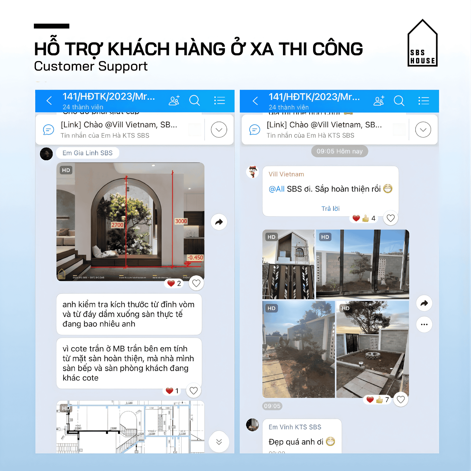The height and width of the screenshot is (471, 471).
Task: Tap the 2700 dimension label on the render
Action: point(117,225)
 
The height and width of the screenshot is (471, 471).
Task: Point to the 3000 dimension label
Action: point(181,221)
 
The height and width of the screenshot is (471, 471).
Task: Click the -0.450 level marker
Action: point(195,257)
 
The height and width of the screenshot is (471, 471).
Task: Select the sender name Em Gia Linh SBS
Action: point(87,153)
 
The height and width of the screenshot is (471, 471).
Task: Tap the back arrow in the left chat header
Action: point(49,101)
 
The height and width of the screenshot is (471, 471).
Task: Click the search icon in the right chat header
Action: point(399,101)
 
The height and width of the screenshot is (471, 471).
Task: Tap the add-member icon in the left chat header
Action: point(174,101)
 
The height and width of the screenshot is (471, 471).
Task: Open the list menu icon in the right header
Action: point(424,101)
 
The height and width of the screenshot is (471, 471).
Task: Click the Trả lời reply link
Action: point(330,208)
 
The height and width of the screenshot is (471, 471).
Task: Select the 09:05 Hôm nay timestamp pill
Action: point(339,151)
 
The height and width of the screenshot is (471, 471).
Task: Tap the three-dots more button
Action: point(424,324)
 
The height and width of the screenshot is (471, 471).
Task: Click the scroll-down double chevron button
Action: point(219,442)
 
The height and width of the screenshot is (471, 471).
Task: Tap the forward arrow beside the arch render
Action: point(219,222)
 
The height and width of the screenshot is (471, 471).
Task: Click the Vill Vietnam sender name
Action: point(286,174)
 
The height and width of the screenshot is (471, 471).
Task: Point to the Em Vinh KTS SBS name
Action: point(295,427)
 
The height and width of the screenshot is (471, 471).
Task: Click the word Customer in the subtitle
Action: point(64,67)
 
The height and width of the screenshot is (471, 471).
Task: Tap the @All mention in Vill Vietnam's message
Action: point(276,189)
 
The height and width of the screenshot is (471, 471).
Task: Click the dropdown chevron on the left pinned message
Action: point(219,130)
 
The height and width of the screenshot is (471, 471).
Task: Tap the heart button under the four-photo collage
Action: point(401,399)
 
